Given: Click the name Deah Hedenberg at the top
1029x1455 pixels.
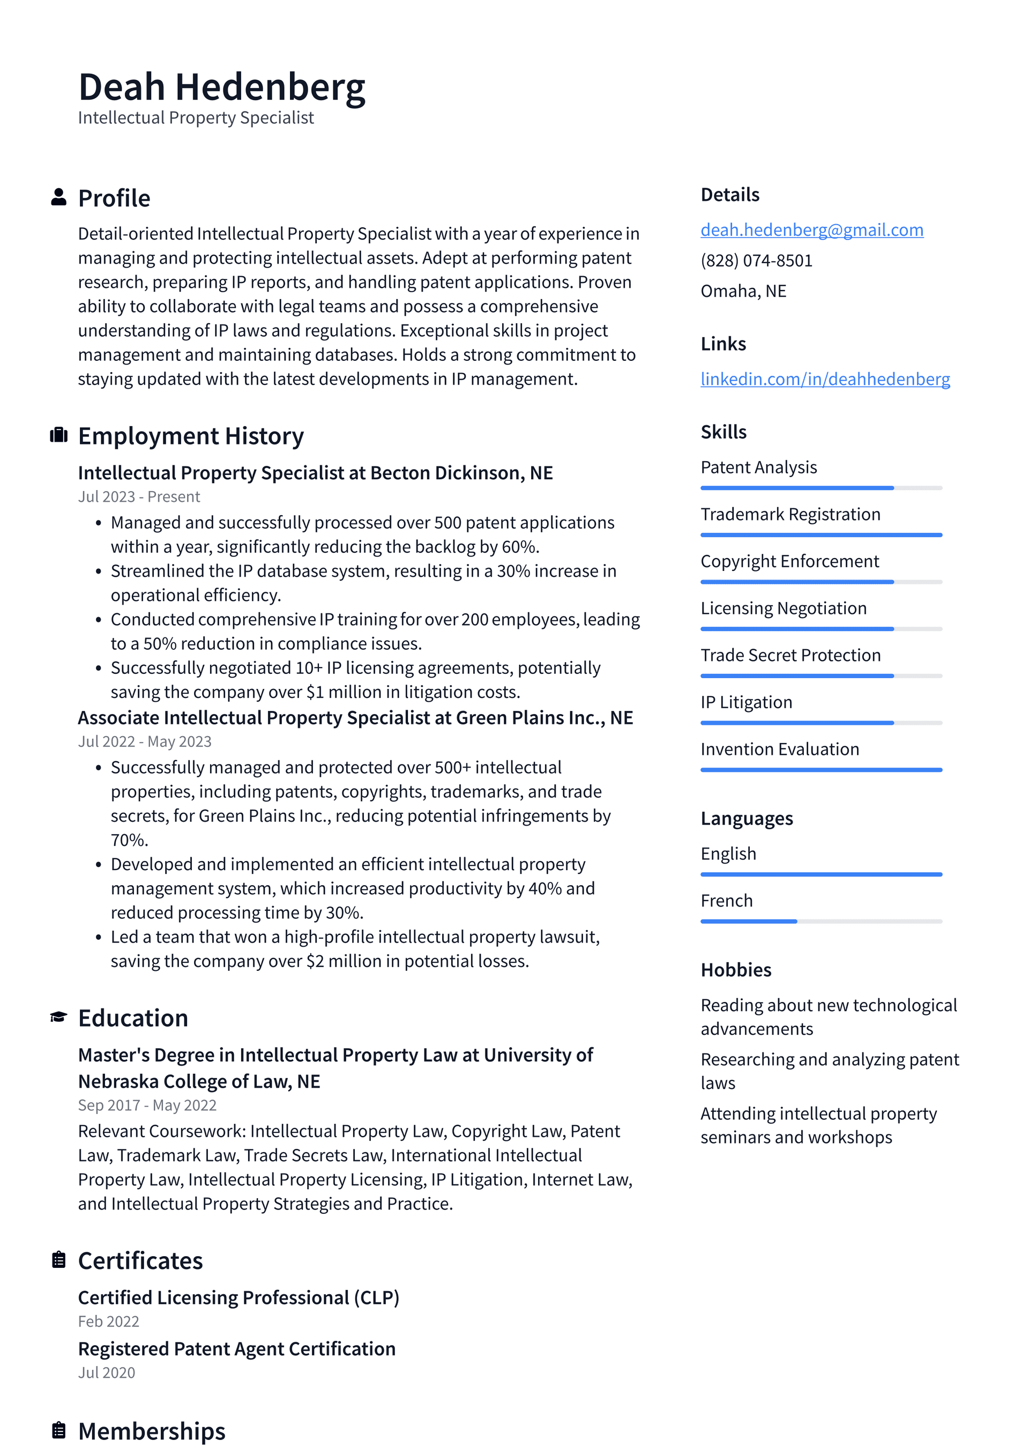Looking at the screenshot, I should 221,87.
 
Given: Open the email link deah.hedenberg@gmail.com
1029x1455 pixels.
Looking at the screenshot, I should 811,230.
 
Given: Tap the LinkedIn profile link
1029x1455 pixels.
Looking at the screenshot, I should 824,379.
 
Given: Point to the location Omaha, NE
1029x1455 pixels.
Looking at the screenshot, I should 743,291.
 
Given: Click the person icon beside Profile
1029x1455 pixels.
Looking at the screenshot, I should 59,197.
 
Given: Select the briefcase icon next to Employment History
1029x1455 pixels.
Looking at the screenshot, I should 59,435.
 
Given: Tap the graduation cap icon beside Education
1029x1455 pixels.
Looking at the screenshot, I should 59,1017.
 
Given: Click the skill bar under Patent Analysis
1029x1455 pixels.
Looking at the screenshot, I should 821,488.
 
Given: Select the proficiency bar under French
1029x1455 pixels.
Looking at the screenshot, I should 821,922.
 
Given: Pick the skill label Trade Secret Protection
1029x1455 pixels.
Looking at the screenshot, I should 790,655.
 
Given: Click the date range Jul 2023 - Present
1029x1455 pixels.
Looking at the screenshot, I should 139,497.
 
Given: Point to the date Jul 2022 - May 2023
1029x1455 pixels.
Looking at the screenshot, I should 145,741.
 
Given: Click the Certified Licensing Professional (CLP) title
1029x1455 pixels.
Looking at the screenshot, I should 238,1297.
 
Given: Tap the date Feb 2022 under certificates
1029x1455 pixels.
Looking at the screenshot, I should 108,1322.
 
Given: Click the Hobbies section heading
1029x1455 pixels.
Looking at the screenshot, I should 736,970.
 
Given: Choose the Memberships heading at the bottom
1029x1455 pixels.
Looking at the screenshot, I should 152,1431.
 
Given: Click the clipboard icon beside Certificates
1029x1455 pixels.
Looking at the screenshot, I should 59,1260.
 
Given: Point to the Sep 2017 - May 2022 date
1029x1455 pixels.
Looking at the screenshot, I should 147,1105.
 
